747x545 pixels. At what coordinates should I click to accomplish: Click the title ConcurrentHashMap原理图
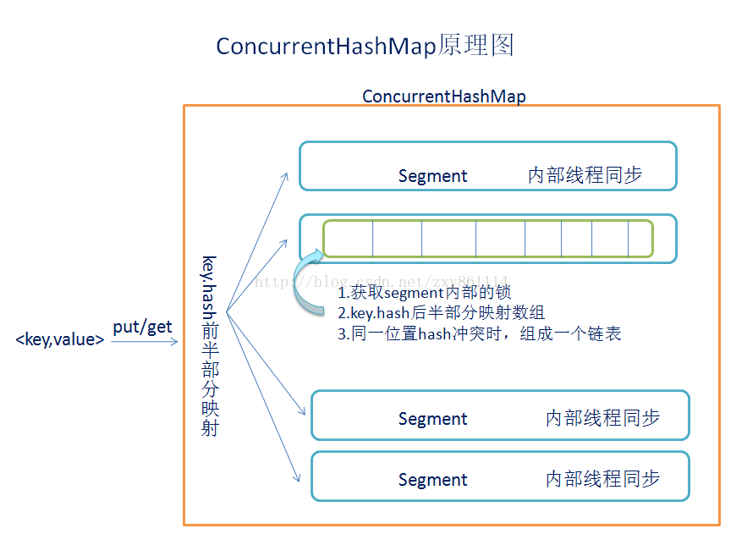click(365, 46)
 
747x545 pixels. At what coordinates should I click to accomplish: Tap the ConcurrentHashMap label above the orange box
click(443, 96)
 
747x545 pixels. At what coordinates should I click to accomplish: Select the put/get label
click(142, 327)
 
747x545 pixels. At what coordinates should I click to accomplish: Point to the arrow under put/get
click(145, 342)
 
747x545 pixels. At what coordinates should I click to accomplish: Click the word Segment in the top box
click(432, 176)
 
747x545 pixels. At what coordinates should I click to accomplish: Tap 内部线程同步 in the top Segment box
click(585, 175)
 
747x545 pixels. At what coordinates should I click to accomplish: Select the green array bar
click(487, 238)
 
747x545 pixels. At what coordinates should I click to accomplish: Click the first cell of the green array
click(348, 238)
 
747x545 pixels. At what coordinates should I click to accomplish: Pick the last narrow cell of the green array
click(640, 238)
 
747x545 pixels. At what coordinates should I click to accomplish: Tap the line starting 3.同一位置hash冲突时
click(479, 333)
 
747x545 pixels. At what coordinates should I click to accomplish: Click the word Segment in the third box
click(432, 419)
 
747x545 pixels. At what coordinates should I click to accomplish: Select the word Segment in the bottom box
click(432, 480)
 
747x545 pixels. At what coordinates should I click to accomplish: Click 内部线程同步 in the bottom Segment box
click(602, 479)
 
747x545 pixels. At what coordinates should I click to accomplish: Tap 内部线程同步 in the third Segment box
click(602, 418)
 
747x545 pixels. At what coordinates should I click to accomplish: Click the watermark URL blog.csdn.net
click(381, 281)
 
